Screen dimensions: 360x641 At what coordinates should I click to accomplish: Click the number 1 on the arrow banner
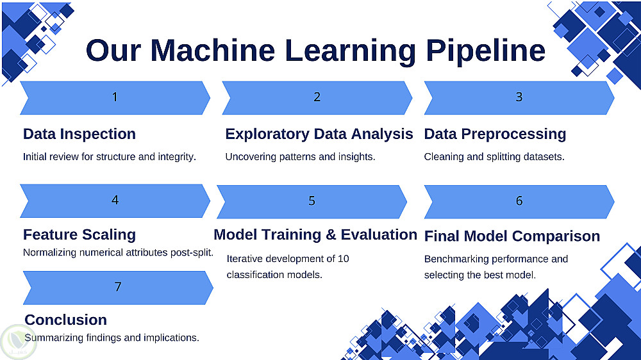(x=115, y=97)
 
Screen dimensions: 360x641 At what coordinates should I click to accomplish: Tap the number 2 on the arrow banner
(x=317, y=97)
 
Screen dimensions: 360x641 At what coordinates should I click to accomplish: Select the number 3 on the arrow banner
(x=519, y=97)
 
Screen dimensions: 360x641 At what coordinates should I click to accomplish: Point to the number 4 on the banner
(x=115, y=200)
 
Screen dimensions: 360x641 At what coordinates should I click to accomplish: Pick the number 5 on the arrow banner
(x=312, y=200)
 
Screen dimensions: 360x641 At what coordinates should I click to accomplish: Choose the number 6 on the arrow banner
(x=519, y=200)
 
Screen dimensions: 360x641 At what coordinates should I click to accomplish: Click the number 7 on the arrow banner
(x=118, y=286)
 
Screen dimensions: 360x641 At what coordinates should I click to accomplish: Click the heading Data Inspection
(x=79, y=134)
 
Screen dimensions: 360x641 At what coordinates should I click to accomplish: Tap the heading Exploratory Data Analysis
(x=319, y=134)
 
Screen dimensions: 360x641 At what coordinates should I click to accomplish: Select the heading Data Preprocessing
(x=495, y=134)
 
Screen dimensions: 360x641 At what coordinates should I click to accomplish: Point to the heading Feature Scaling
(x=79, y=234)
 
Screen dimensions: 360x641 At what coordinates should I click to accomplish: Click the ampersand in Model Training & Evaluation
(x=331, y=234)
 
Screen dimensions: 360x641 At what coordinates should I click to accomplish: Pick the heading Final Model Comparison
(x=512, y=236)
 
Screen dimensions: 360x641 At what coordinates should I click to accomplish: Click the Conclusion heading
(x=66, y=320)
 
